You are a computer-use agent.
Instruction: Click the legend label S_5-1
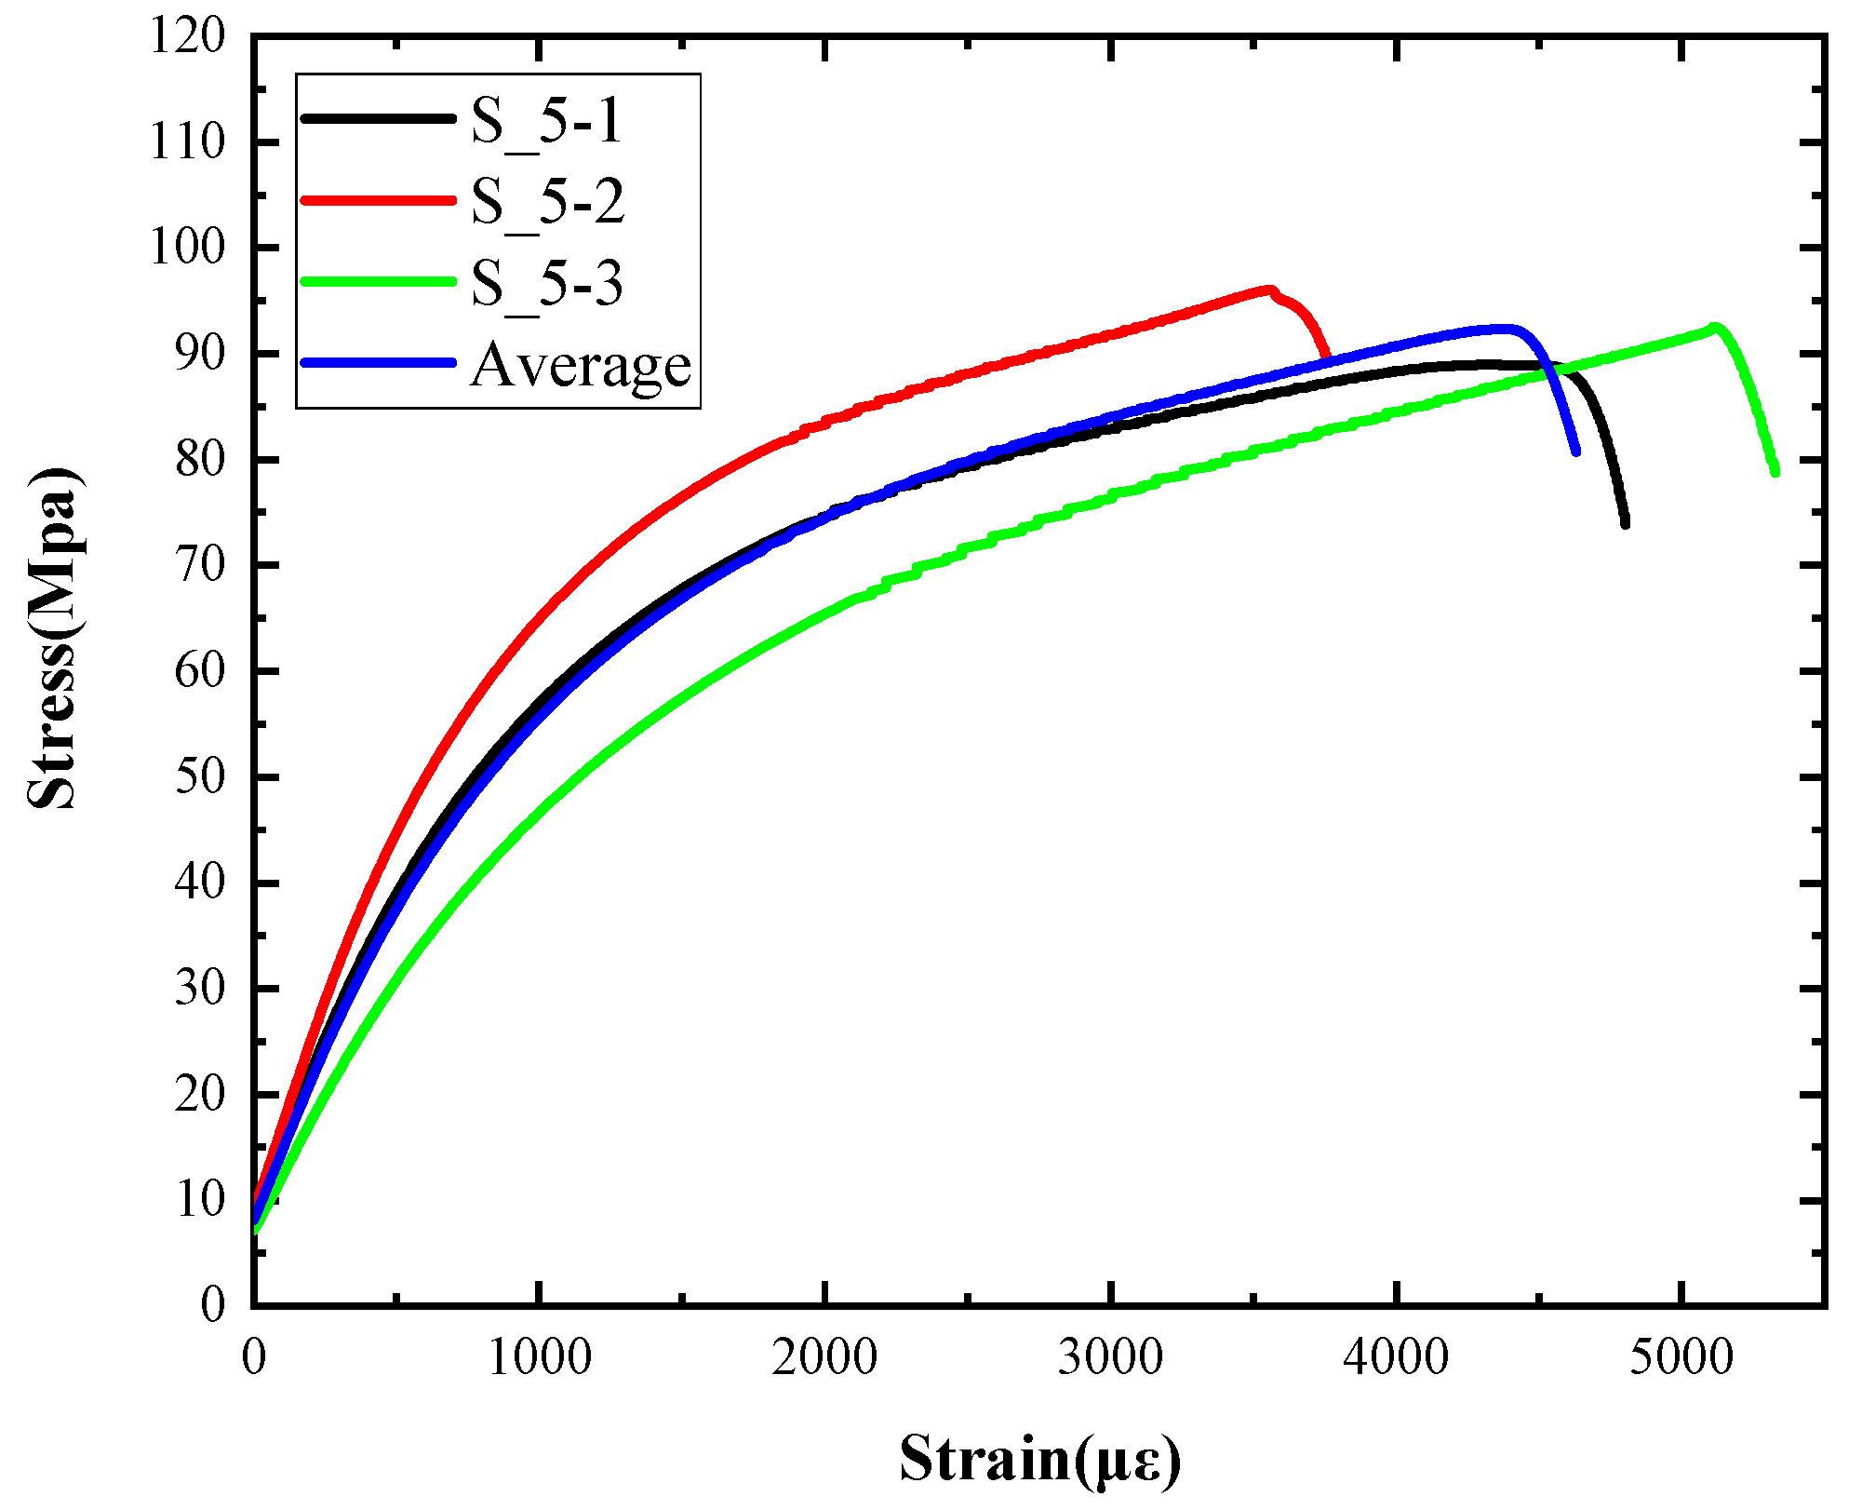tap(546, 121)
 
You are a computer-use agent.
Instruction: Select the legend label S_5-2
tap(547, 202)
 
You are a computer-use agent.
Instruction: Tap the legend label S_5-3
tap(546, 283)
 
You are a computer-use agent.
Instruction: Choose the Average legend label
tap(581, 365)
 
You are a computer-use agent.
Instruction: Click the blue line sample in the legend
tap(378, 362)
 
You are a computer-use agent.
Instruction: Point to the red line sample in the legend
tap(378, 199)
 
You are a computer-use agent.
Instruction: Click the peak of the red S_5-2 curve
tap(1268, 290)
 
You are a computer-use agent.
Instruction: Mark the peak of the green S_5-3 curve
tap(1713, 327)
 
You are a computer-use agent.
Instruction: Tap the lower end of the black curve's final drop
tap(1625, 524)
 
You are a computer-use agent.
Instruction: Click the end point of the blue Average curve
tap(1575, 452)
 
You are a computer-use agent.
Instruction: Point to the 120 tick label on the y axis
tap(187, 37)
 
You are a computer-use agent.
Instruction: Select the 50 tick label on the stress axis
tap(199, 777)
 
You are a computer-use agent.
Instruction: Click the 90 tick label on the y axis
tap(199, 355)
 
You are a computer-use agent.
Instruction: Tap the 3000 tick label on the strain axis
tap(1110, 1358)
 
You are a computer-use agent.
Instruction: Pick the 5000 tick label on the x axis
tap(1681, 1358)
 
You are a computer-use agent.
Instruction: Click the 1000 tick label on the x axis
tap(539, 1358)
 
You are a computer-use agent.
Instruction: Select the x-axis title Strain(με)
tap(1039, 1459)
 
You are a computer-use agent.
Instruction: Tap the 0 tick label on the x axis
tap(253, 1358)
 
